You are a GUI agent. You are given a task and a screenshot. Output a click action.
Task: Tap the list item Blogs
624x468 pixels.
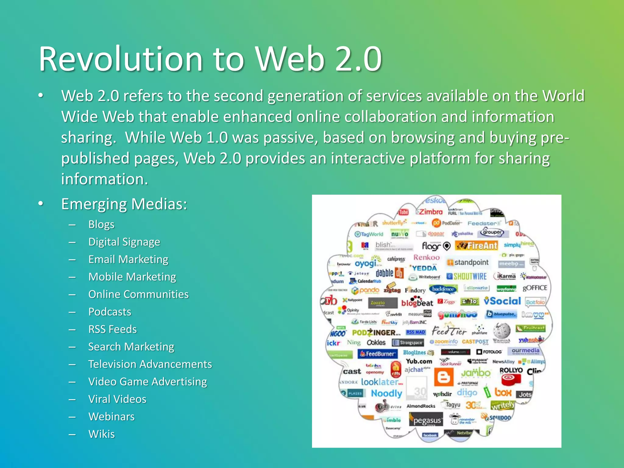[101, 225]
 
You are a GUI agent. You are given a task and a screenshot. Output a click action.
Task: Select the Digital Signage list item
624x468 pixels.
[124, 242]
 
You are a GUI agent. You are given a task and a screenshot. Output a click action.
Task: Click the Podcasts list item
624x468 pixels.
[110, 312]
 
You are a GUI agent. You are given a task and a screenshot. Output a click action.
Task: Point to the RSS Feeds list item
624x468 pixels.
[112, 329]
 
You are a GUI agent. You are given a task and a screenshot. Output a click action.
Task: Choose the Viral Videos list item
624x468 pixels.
[117, 399]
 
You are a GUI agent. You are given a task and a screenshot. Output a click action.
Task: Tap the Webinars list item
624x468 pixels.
[112, 417]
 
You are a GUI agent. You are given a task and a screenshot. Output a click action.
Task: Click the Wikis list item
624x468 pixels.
[101, 434]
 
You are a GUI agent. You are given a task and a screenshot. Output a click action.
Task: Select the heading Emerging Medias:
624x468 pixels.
[124, 204]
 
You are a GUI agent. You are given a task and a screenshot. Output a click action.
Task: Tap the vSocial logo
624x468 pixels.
[502, 301]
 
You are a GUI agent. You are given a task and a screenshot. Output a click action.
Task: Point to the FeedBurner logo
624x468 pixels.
[378, 354]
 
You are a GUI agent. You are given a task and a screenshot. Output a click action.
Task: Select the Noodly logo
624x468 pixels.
[386, 393]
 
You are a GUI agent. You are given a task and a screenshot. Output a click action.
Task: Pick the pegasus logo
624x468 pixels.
[427, 421]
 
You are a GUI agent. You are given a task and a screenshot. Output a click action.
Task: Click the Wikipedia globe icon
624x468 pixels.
[502, 330]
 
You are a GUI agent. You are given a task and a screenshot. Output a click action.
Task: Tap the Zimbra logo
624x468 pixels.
[430, 212]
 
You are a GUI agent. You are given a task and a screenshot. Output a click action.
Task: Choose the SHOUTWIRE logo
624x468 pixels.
[467, 276]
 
